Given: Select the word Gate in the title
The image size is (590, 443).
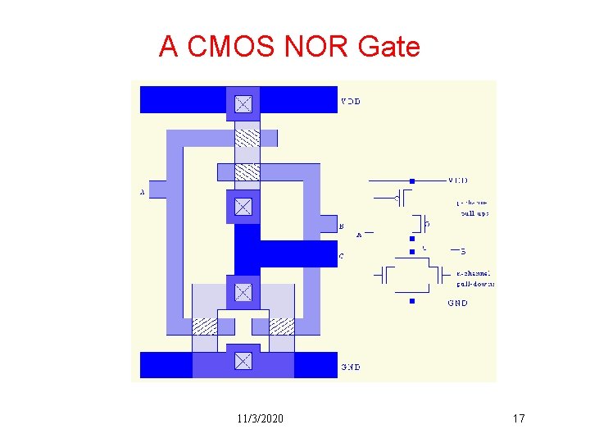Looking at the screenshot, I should [x=388, y=47].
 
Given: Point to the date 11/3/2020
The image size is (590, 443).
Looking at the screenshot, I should [x=260, y=419].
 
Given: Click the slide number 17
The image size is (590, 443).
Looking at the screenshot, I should [x=518, y=419].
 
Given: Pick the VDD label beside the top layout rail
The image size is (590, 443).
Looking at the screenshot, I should [x=350, y=102].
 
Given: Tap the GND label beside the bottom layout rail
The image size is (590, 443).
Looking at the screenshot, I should [x=351, y=367].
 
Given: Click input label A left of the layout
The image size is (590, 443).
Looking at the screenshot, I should [x=143, y=193].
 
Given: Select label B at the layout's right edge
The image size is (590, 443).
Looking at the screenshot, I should [x=341, y=226].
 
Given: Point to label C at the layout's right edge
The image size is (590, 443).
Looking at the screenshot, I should [x=341, y=256].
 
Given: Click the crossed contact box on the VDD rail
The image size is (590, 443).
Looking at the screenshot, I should [x=243, y=103].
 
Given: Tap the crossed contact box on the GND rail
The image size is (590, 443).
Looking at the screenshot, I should [x=243, y=361].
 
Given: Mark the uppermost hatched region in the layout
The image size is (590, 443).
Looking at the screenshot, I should [x=247, y=136].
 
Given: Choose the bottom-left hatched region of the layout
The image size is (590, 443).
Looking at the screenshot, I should [x=205, y=327].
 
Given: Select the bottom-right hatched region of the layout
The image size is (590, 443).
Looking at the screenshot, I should [x=281, y=327].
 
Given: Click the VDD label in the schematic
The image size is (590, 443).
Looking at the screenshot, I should [x=459, y=180].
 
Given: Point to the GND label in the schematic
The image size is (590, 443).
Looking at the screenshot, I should [x=458, y=303].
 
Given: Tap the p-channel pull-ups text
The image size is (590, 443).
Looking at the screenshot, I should [x=473, y=207].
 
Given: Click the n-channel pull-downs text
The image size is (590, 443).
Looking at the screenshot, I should [x=474, y=278].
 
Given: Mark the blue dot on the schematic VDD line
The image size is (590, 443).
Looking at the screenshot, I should [x=412, y=180].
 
